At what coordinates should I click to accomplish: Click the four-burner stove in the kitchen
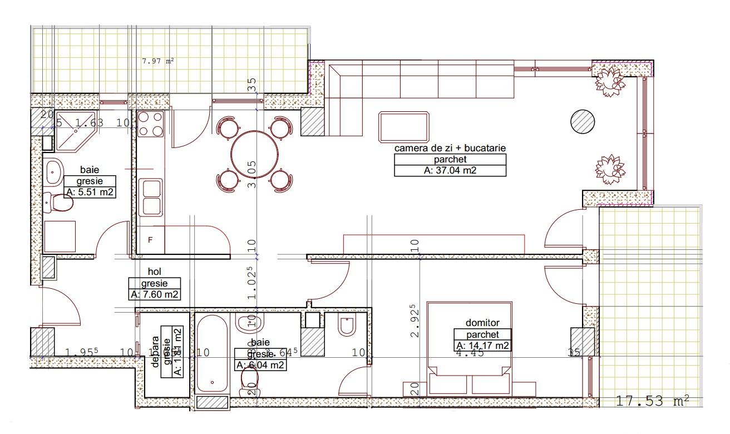[150, 124]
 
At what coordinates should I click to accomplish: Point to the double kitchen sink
[151, 197]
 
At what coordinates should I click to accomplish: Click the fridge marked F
[150, 240]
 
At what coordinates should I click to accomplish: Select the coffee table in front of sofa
[405, 126]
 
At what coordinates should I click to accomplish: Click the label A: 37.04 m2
[450, 170]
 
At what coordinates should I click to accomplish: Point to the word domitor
[482, 323]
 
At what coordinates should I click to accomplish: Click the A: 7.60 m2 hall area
[155, 294]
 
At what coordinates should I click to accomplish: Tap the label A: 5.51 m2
[90, 193]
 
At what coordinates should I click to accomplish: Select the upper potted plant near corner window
[610, 81]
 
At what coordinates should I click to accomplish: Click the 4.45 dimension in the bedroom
[470, 353]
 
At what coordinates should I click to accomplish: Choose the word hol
[154, 272]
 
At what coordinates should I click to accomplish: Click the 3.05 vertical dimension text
[252, 174]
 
